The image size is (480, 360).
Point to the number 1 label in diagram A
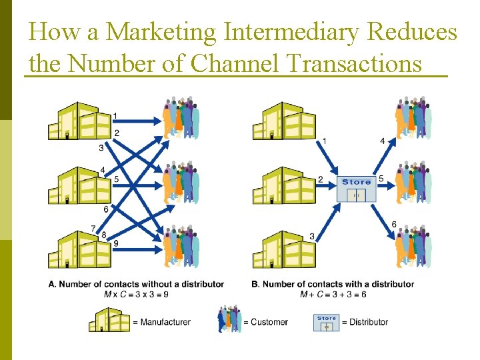116,117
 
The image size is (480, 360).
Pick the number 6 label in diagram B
394,225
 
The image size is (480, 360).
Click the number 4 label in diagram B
382,141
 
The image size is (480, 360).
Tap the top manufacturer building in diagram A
79,121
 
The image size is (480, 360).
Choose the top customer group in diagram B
413,118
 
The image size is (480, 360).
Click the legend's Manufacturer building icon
109,320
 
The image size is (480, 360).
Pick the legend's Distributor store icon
326,322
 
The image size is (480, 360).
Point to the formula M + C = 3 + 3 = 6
333,295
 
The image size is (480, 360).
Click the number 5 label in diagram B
381,179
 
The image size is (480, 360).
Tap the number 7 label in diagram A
93,229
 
